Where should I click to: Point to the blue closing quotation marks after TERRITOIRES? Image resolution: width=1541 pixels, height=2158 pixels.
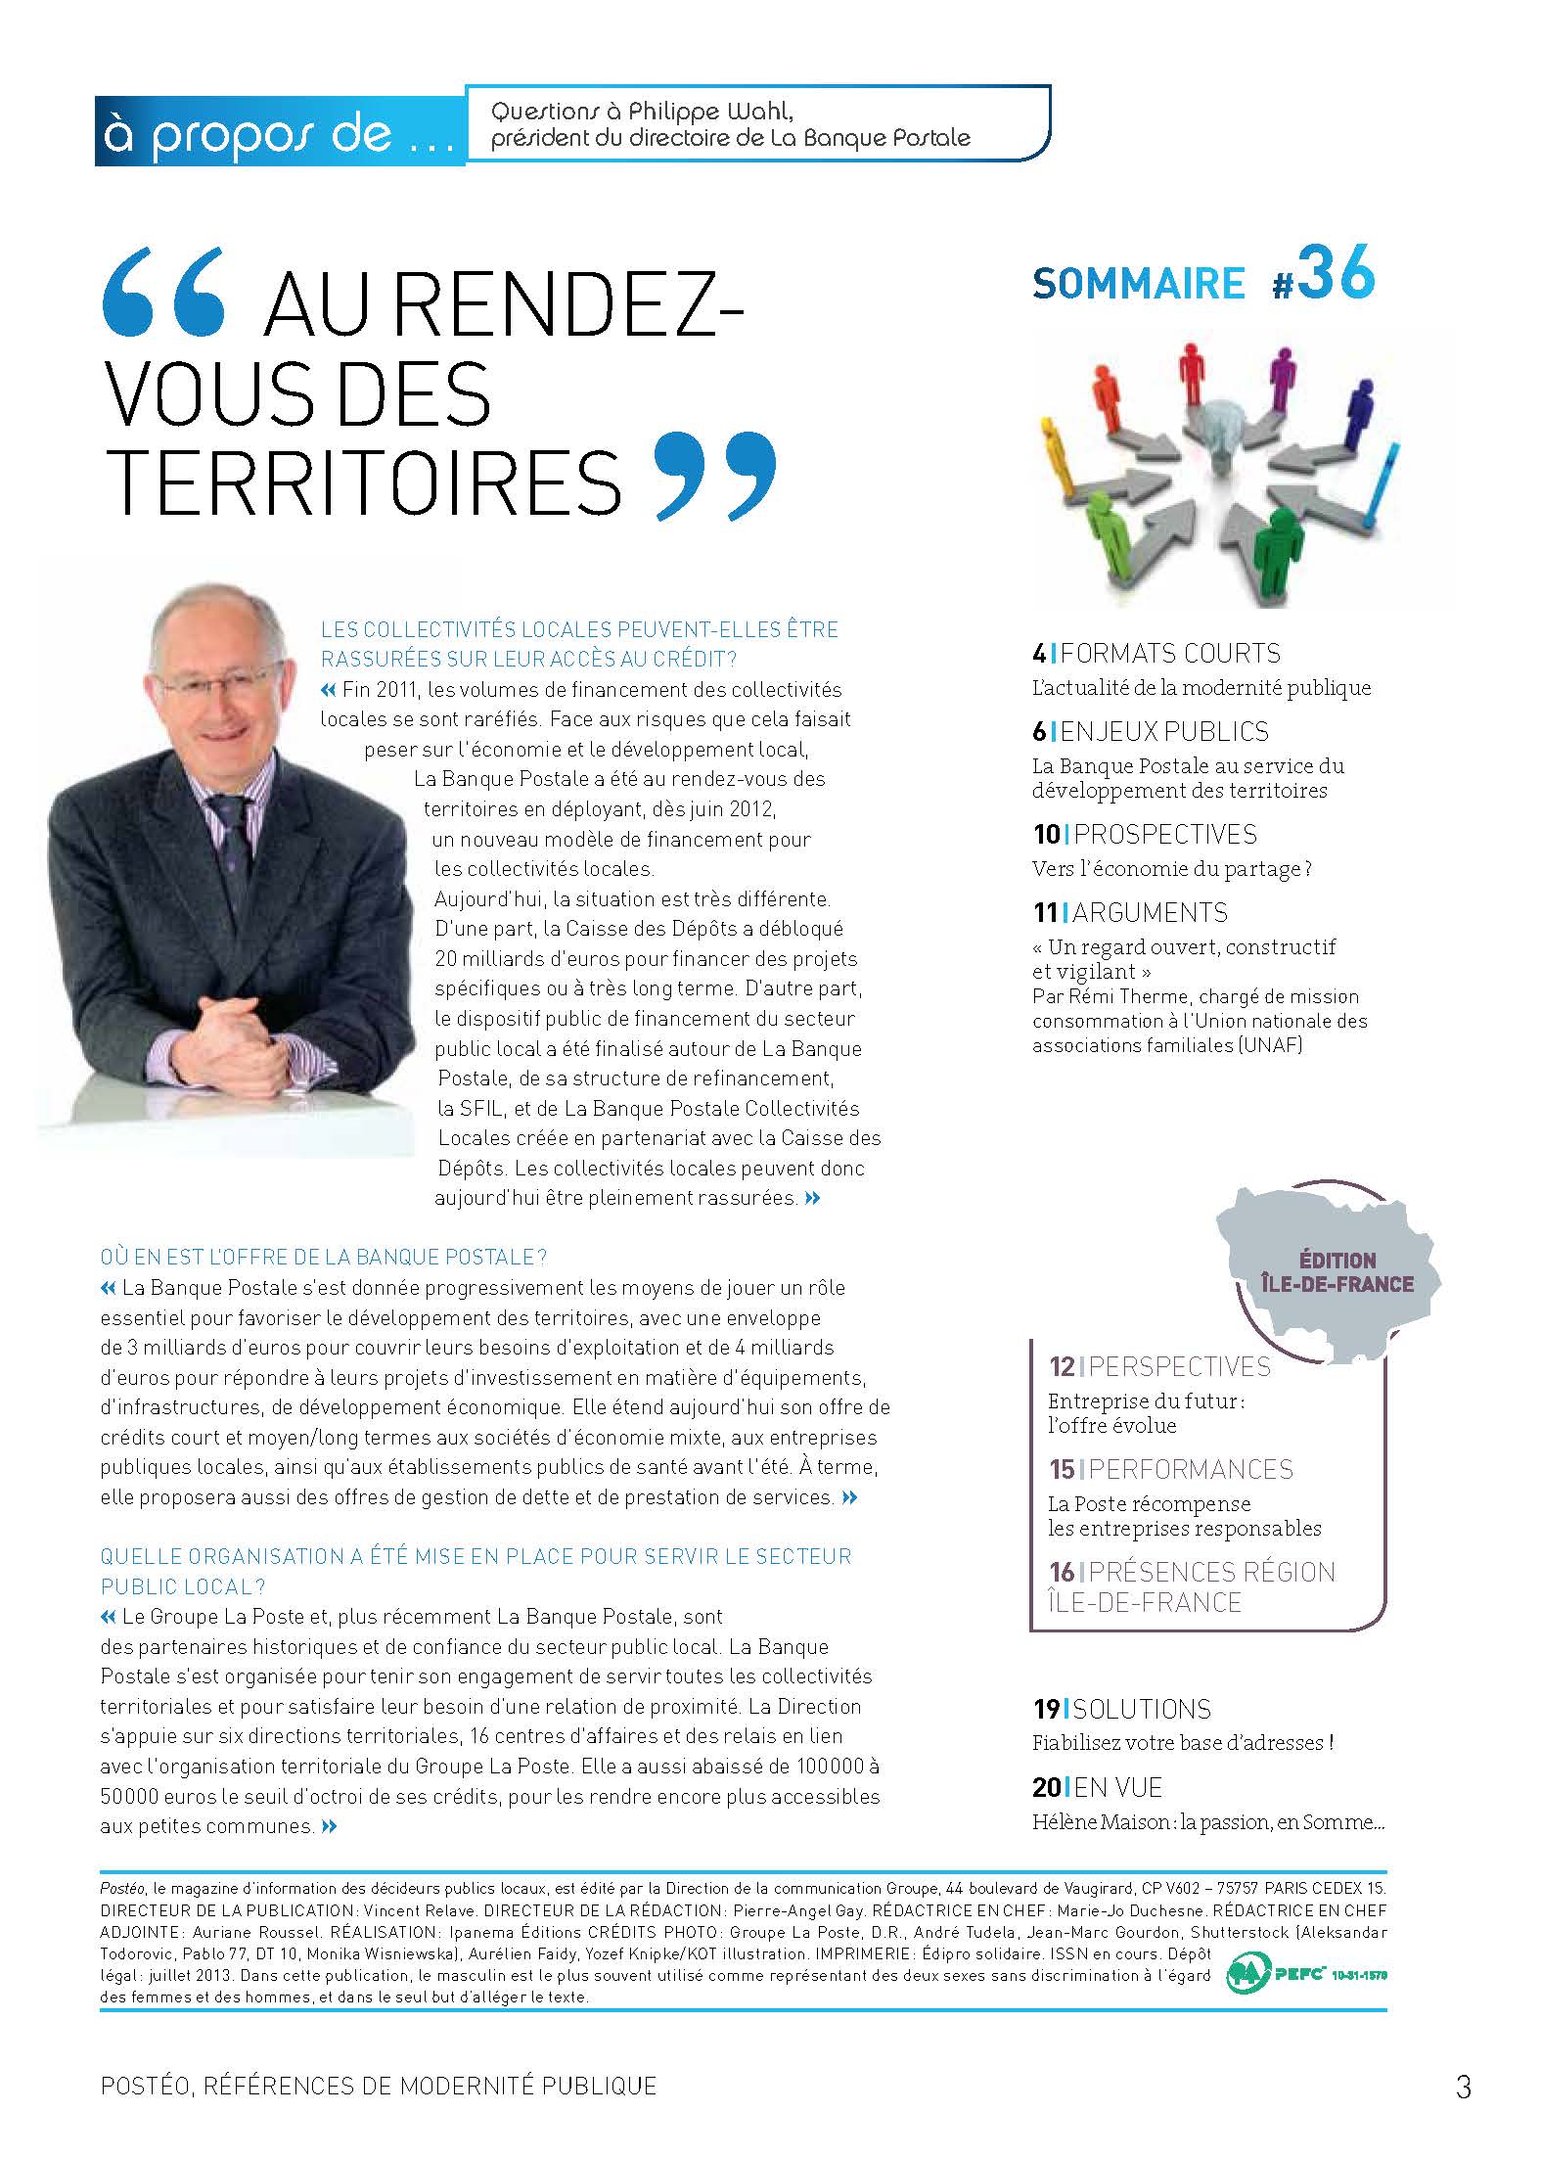pos(715,476)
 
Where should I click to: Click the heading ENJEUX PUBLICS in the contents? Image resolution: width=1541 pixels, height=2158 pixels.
pos(1164,731)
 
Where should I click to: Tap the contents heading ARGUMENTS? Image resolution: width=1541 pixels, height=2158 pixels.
pos(1150,912)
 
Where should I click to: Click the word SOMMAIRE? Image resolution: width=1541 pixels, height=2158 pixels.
pos(1138,284)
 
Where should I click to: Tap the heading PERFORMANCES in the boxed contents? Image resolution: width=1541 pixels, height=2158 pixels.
pos(1191,1469)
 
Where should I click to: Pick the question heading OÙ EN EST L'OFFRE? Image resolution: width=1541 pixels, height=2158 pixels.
pos(323,1256)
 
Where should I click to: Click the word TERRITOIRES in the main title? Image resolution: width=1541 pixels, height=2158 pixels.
pos(364,481)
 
